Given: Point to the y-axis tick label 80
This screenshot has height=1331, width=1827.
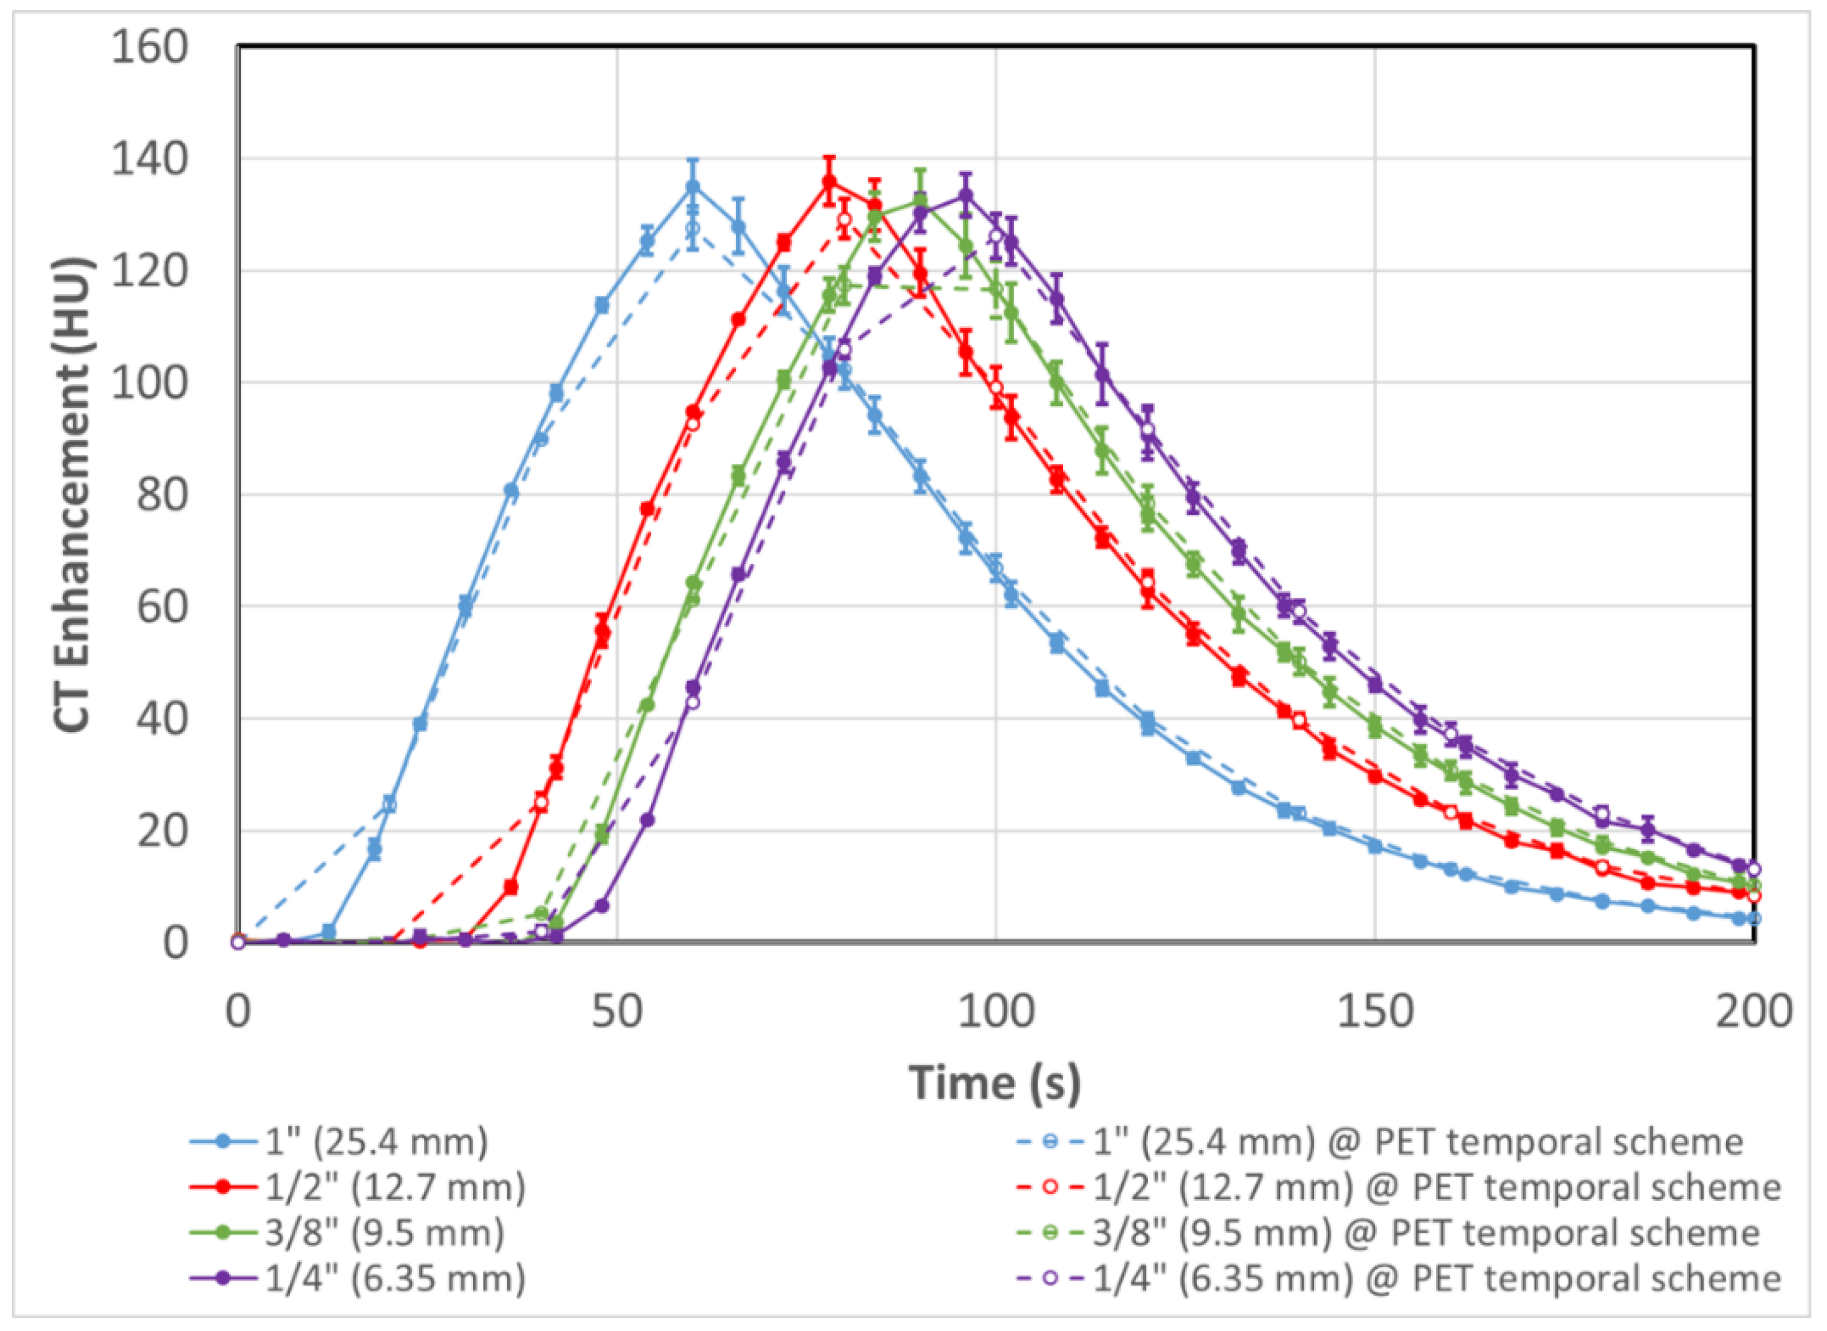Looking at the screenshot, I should [x=161, y=495].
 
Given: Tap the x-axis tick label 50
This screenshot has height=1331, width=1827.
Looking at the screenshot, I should [x=616, y=1011].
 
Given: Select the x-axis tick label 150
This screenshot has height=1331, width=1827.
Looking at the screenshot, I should [x=1374, y=1011].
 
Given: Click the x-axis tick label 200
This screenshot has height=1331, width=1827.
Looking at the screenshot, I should [x=1753, y=1011].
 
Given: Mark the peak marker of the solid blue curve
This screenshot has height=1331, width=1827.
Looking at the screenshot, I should [x=692, y=187].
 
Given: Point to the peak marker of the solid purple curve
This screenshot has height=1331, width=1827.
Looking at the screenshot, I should [x=965, y=195].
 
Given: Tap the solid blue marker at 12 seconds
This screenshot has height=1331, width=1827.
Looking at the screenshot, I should [x=329, y=932].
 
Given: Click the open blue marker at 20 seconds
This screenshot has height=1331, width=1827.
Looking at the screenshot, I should [x=389, y=803].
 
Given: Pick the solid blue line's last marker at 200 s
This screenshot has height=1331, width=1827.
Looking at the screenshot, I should [x=1739, y=918].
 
